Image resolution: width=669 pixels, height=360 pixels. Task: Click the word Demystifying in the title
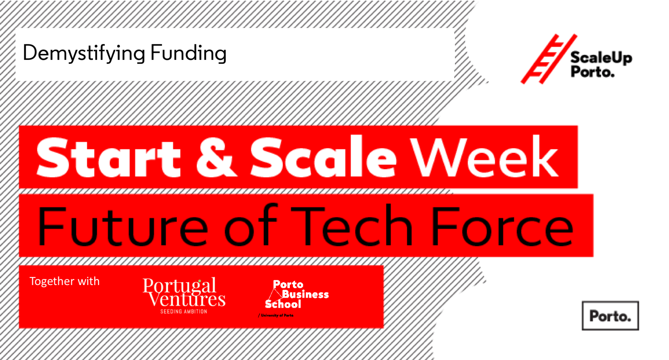(84, 53)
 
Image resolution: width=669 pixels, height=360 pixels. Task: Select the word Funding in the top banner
(188, 53)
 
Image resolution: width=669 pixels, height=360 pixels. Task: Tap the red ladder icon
(549, 59)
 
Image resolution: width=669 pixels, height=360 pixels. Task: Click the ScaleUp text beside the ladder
(601, 57)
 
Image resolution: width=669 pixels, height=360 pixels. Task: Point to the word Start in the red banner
(108, 157)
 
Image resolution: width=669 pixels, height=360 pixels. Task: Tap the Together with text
(64, 281)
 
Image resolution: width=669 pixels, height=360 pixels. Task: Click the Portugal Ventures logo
(184, 295)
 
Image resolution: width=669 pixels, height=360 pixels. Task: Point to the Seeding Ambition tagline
(184, 311)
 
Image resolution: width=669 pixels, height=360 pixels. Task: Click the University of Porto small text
(276, 315)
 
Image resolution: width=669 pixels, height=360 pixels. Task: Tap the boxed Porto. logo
(610, 316)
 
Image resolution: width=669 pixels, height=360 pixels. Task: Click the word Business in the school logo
(305, 294)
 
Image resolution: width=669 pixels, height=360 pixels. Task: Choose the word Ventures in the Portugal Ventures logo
(187, 300)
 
